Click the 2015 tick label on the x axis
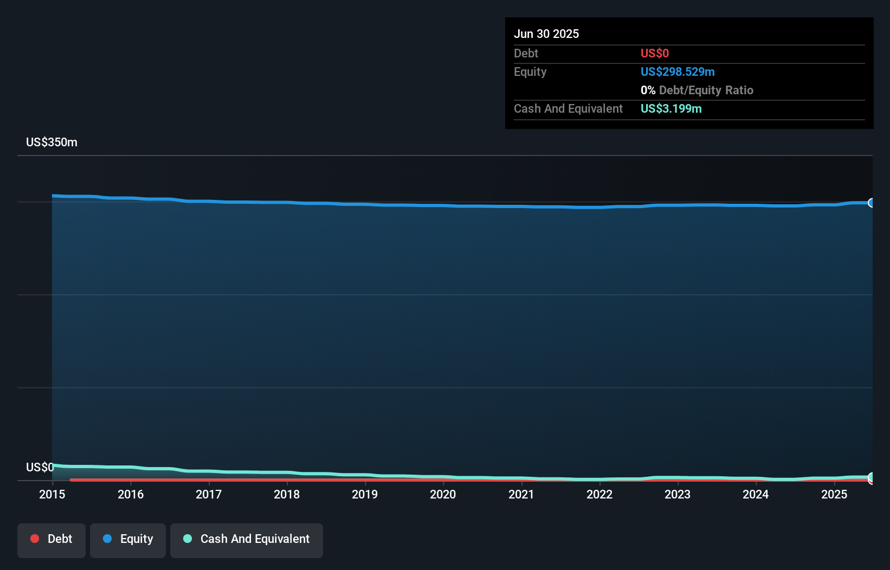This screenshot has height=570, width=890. [x=52, y=494]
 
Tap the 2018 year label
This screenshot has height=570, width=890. [x=287, y=494]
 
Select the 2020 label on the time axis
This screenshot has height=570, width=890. [x=443, y=494]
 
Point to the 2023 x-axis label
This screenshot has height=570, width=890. [x=678, y=494]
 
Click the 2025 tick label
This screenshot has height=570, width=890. [x=834, y=494]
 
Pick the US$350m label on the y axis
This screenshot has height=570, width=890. [x=51, y=142]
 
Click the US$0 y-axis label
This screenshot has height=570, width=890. [x=40, y=467]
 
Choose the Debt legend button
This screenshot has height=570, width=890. [x=51, y=539]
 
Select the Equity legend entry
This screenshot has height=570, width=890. [x=128, y=539]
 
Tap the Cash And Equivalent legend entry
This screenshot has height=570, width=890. [x=247, y=539]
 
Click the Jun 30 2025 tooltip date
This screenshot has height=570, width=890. [x=546, y=34]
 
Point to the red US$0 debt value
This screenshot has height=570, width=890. [x=654, y=53]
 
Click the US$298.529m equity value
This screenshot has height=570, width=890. [x=677, y=72]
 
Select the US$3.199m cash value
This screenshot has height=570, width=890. [x=670, y=108]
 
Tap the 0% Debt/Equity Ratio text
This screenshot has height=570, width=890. [x=696, y=90]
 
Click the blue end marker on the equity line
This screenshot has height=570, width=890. [x=871, y=203]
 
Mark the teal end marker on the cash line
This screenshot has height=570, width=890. [x=871, y=477]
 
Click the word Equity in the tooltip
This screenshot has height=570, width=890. [x=530, y=72]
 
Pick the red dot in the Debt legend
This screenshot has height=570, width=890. [x=35, y=539]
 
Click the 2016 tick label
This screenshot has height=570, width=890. [x=131, y=494]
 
